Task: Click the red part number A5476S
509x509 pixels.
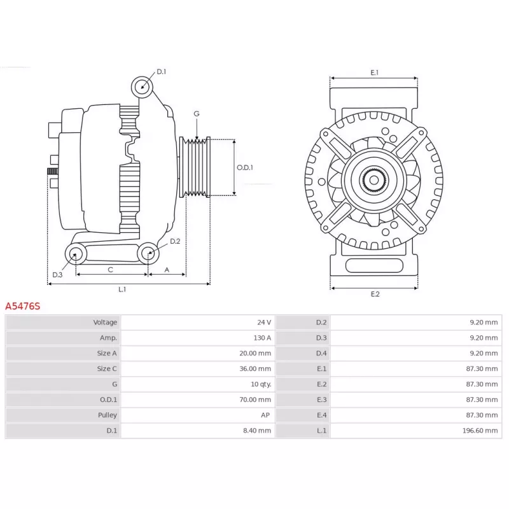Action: pyautogui.click(x=23, y=306)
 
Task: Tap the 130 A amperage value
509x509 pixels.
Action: pyautogui.click(x=262, y=338)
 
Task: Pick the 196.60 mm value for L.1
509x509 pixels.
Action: pyautogui.click(x=480, y=431)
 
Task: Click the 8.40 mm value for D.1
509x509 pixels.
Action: pyautogui.click(x=257, y=431)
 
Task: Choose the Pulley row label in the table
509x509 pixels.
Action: pyautogui.click(x=107, y=415)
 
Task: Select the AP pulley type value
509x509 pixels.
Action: pyautogui.click(x=265, y=415)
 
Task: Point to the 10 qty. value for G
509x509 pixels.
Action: pyautogui.click(x=261, y=384)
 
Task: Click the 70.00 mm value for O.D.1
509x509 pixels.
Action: pyautogui.click(x=255, y=400)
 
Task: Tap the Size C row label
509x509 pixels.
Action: pyautogui.click(x=107, y=369)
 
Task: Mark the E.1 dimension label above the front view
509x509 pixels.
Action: pyautogui.click(x=374, y=73)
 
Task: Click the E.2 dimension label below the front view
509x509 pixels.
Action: pyautogui.click(x=375, y=294)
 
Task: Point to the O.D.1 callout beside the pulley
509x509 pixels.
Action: pyautogui.click(x=244, y=167)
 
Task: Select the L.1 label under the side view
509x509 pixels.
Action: pyautogui.click(x=122, y=289)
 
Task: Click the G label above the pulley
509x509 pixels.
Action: pyautogui.click(x=197, y=114)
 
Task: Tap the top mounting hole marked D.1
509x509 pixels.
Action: pyautogui.click(x=142, y=87)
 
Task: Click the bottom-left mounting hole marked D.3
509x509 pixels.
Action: pyautogui.click(x=76, y=254)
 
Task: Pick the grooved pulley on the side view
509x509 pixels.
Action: pyautogui.click(x=195, y=167)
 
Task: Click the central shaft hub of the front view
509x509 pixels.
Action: pyautogui.click(x=374, y=180)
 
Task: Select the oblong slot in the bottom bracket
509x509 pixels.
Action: pyautogui.click(x=374, y=265)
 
